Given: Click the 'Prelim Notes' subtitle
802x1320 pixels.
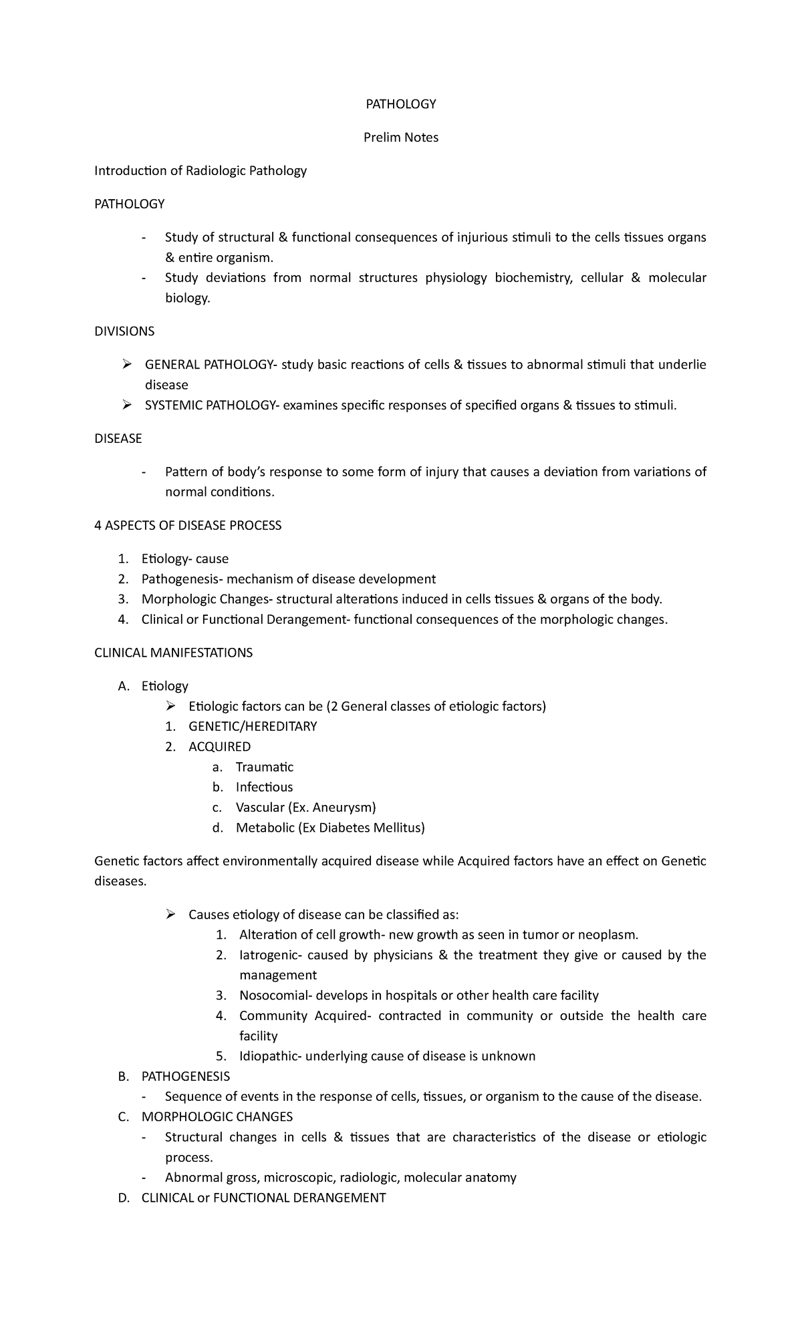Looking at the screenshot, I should pyautogui.click(x=400, y=138).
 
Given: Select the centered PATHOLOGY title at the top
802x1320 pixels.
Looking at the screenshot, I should pyautogui.click(x=400, y=104).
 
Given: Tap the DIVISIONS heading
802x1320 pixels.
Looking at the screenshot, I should pyautogui.click(x=124, y=331).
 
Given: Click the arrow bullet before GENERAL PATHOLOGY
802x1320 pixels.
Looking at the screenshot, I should pyautogui.click(x=126, y=365).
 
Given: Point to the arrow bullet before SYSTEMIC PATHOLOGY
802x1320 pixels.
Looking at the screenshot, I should pyautogui.click(x=126, y=405).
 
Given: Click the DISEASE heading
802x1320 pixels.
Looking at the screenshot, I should pyautogui.click(x=118, y=439).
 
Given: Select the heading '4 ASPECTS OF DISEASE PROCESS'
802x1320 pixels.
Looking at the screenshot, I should pyautogui.click(x=188, y=526).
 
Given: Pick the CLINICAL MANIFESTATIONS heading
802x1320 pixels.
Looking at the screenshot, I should pyautogui.click(x=174, y=653).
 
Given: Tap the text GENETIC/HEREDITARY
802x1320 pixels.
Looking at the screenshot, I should pyautogui.click(x=253, y=726).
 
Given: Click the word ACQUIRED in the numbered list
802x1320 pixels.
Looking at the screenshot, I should pyautogui.click(x=220, y=747).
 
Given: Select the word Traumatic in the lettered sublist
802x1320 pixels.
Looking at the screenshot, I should pyautogui.click(x=265, y=767).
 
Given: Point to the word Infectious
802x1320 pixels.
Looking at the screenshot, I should pyautogui.click(x=264, y=787).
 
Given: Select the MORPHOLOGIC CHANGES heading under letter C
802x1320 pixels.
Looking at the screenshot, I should pyautogui.click(x=217, y=1116).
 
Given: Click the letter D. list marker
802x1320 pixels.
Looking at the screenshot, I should pyautogui.click(x=123, y=1198).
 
